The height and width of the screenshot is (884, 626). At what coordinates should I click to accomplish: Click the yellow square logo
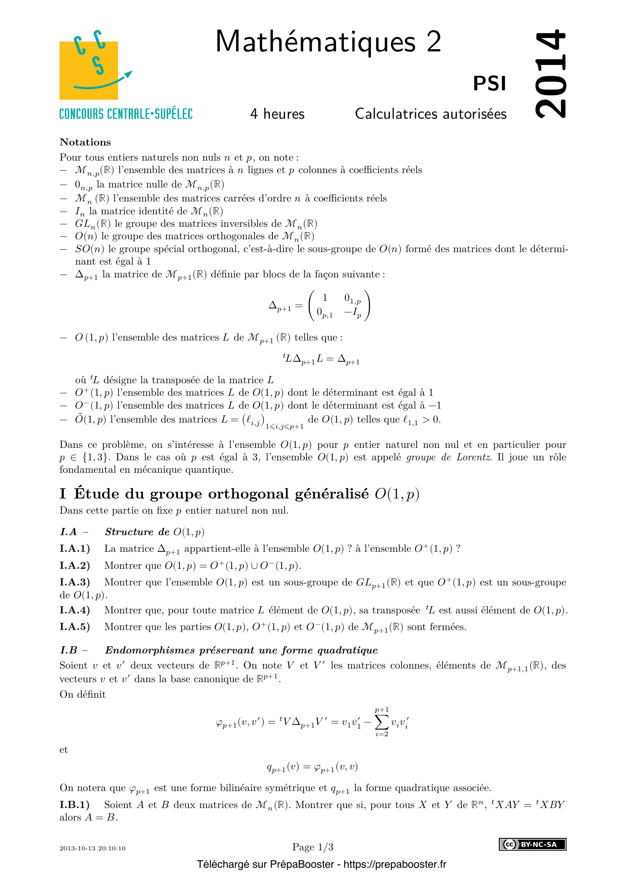tap(89, 70)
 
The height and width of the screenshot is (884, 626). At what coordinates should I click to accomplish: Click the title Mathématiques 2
tap(328, 42)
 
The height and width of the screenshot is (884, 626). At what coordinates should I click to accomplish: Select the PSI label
tap(489, 83)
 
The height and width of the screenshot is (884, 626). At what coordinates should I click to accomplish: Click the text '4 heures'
tap(277, 114)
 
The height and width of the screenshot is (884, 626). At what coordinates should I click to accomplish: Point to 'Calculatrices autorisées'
tap(431, 114)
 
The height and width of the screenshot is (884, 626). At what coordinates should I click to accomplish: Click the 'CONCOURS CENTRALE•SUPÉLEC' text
tap(126, 114)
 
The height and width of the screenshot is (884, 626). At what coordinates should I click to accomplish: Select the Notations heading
tap(85, 142)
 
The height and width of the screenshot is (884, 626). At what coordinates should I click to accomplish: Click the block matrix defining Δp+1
tap(339, 306)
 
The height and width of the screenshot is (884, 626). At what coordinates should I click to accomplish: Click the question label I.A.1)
tap(75, 548)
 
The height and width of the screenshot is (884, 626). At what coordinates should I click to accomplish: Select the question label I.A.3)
tap(75, 582)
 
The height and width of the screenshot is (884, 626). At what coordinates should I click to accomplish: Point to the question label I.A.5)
tap(75, 627)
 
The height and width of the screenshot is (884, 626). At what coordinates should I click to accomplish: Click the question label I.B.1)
tap(75, 805)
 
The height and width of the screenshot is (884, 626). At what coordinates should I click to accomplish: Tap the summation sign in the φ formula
tap(381, 722)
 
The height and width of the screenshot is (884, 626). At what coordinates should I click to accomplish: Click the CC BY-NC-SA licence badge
tap(533, 844)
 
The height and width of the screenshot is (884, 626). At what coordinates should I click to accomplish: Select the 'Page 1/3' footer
tap(313, 847)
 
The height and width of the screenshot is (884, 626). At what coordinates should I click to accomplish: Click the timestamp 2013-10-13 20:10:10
tap(92, 848)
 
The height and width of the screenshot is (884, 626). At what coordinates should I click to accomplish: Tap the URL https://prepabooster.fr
tap(395, 864)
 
